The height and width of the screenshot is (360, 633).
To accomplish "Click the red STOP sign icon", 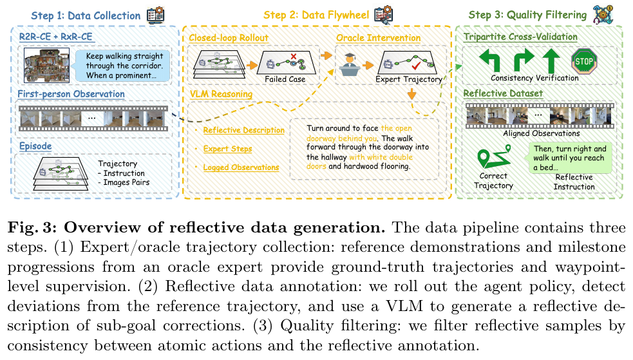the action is pyautogui.click(x=584, y=61).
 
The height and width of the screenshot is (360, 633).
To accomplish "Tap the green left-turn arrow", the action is pyautogui.click(x=489, y=60).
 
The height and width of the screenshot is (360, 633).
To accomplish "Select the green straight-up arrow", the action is pyautogui.click(x=551, y=60).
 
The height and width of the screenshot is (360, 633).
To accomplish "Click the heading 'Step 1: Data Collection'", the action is pyautogui.click(x=86, y=15).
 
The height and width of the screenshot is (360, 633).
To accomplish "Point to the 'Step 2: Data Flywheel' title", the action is pyautogui.click(x=316, y=15).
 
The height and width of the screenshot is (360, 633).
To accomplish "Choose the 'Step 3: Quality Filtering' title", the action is pyautogui.click(x=527, y=15).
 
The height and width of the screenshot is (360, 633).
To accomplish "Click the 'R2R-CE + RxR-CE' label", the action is pyautogui.click(x=56, y=37).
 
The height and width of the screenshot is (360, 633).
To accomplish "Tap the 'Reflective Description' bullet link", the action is pyautogui.click(x=244, y=130).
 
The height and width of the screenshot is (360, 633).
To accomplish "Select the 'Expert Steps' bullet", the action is pyautogui.click(x=228, y=149).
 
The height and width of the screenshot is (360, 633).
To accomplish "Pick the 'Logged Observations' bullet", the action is pyautogui.click(x=241, y=167).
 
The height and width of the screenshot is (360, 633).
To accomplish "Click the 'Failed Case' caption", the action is pyautogui.click(x=285, y=79).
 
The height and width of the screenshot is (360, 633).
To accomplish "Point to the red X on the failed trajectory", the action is pyautogui.click(x=294, y=56).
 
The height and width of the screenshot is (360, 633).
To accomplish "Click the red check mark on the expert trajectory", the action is pyautogui.click(x=416, y=65).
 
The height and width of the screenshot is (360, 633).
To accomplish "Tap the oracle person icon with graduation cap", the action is pyautogui.click(x=350, y=64).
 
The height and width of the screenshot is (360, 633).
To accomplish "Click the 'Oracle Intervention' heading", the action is pyautogui.click(x=378, y=38).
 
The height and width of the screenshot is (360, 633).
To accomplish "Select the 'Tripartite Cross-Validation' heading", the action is pyautogui.click(x=520, y=37).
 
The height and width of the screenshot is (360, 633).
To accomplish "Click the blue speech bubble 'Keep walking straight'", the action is pyautogui.click(x=121, y=66).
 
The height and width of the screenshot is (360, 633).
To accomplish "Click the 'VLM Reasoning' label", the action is pyautogui.click(x=222, y=94).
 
